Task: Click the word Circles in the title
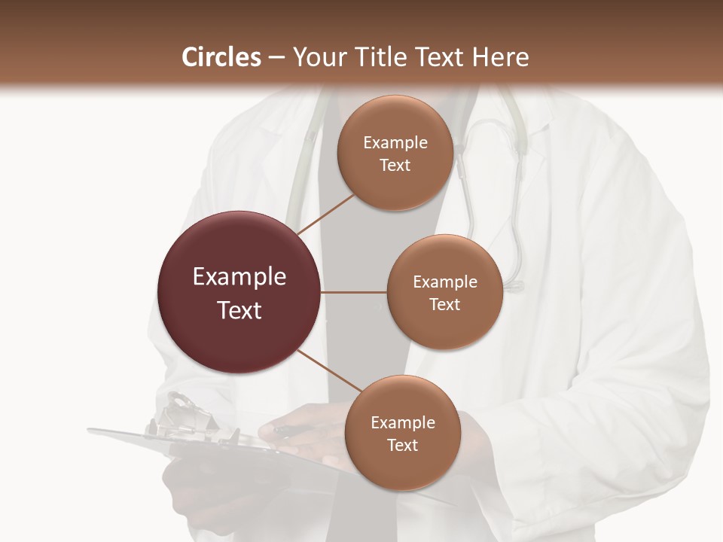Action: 221,57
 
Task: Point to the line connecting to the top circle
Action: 325,214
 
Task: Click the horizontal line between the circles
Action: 354,292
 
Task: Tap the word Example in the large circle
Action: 239,276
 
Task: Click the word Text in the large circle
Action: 239,310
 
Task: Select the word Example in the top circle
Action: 395,142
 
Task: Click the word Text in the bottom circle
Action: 402,445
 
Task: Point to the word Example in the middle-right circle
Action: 444,282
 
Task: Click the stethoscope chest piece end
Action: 514,285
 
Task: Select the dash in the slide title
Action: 276,57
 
